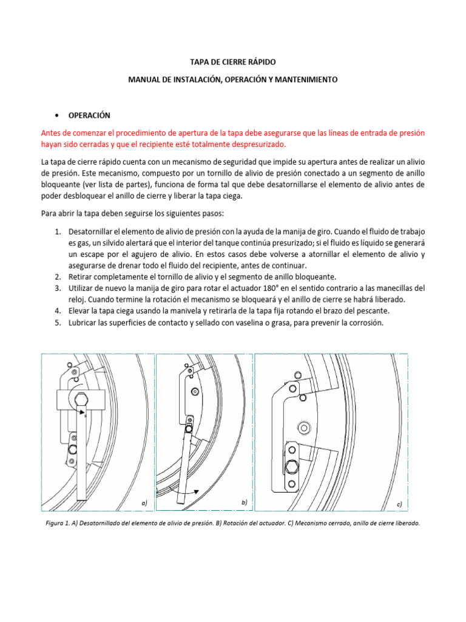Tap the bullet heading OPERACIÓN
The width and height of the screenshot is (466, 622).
[x=89, y=115]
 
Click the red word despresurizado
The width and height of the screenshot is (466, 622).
[x=249, y=144]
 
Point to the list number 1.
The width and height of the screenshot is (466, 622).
[x=58, y=232]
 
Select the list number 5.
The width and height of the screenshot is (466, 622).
[x=58, y=323]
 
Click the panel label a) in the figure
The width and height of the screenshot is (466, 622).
[x=144, y=503]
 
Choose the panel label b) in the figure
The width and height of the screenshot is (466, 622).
[x=245, y=502]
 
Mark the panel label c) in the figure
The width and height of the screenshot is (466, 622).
[x=399, y=504]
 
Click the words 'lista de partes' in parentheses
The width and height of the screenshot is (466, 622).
[x=129, y=185]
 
